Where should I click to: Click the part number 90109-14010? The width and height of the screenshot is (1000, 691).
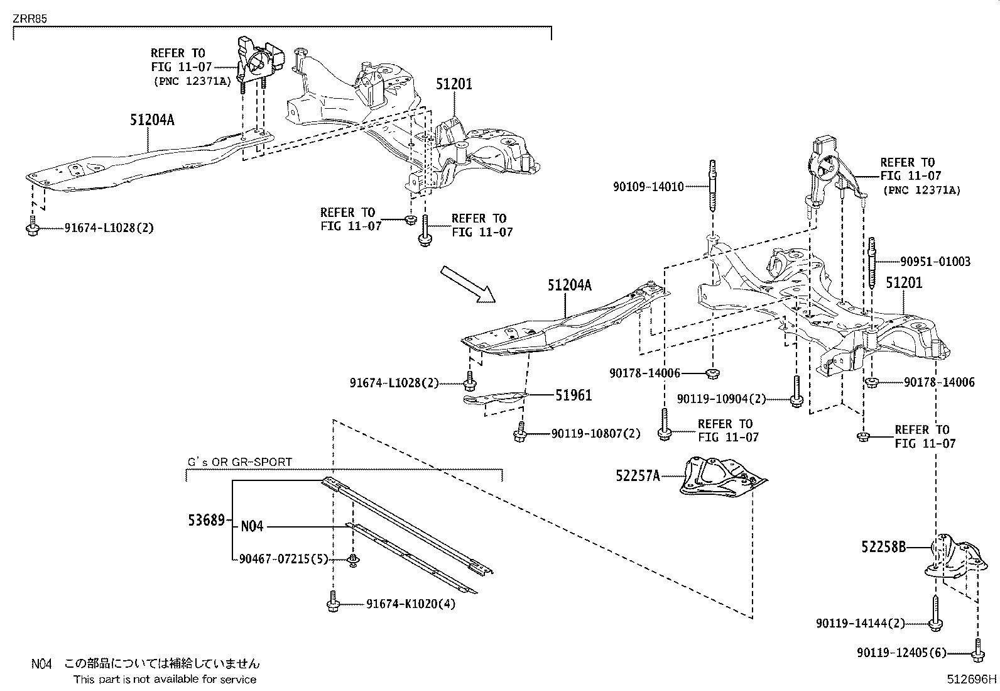(x=648, y=186)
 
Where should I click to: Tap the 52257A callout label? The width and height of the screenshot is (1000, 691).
(x=638, y=477)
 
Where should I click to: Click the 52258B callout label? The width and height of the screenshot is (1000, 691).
(x=883, y=548)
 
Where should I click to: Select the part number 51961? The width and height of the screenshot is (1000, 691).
(x=573, y=395)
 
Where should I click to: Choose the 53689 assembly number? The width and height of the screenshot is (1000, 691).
(x=205, y=520)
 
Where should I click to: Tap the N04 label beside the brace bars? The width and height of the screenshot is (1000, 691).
(x=252, y=526)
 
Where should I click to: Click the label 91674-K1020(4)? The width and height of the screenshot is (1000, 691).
(x=411, y=604)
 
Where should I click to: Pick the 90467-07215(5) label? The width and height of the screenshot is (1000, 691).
(x=283, y=559)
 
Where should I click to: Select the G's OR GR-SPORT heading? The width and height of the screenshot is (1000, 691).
(x=240, y=462)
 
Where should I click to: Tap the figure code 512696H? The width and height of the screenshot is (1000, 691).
(x=972, y=679)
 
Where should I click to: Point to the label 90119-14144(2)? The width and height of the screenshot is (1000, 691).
(x=861, y=623)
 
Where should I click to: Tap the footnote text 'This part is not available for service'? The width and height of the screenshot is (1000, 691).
(x=165, y=679)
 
